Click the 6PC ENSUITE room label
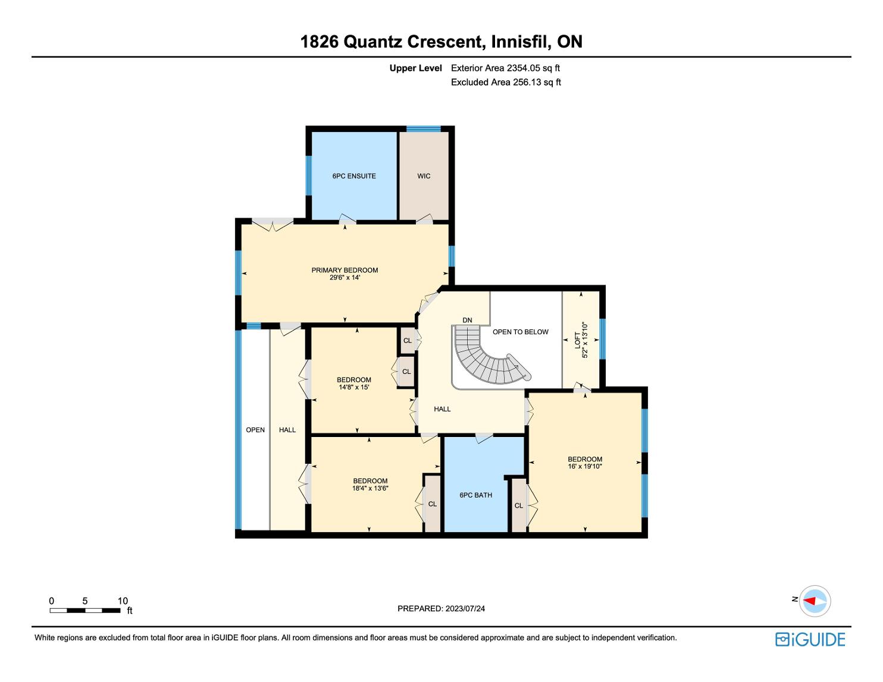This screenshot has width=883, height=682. pos(354,176)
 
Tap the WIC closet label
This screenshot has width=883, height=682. pos(424,176)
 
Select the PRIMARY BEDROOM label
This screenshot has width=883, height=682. pos(345,271)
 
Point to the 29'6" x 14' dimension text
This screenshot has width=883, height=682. pos(345,278)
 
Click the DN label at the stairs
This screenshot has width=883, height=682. pos(467,320)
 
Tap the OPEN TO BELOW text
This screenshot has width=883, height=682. pos(521,332)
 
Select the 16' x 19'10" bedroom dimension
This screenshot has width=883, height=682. pos(585,466)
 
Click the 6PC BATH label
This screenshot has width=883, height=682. pos(476,495)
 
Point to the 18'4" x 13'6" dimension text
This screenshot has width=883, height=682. pos(370,488)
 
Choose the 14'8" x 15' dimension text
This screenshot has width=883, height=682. pos(354,387)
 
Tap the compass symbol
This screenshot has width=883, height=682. pos(815,601)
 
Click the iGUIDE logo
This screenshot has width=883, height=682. pos(810,640)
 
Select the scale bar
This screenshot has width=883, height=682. pos(85,611)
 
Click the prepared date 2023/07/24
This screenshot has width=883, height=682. pos(465,609)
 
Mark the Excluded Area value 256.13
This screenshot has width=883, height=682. pos(527,83)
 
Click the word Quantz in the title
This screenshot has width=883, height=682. pos(373,42)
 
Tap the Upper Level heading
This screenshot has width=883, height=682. pos(416,68)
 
